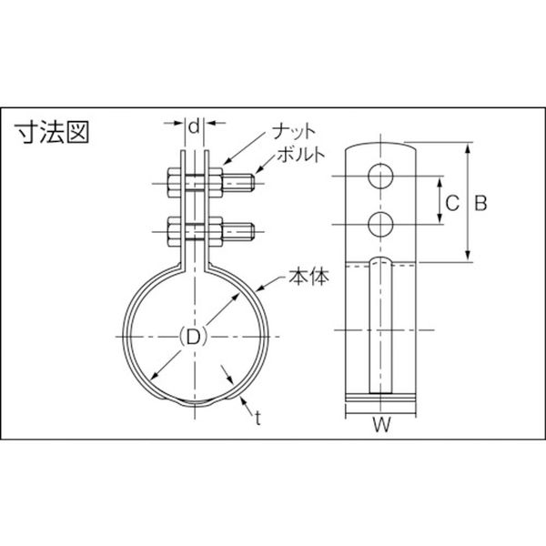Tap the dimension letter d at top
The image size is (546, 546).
coord(195,126)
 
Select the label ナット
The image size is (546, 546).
coord(294,132)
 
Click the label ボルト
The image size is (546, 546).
coord(301,155)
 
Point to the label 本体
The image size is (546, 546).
coord(308,278)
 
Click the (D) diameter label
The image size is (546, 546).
coord(193,337)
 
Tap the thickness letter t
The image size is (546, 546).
coord(258,419)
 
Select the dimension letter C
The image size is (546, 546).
coord(452,202)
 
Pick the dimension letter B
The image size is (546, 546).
coord(480,202)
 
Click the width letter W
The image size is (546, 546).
coord(381,424)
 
